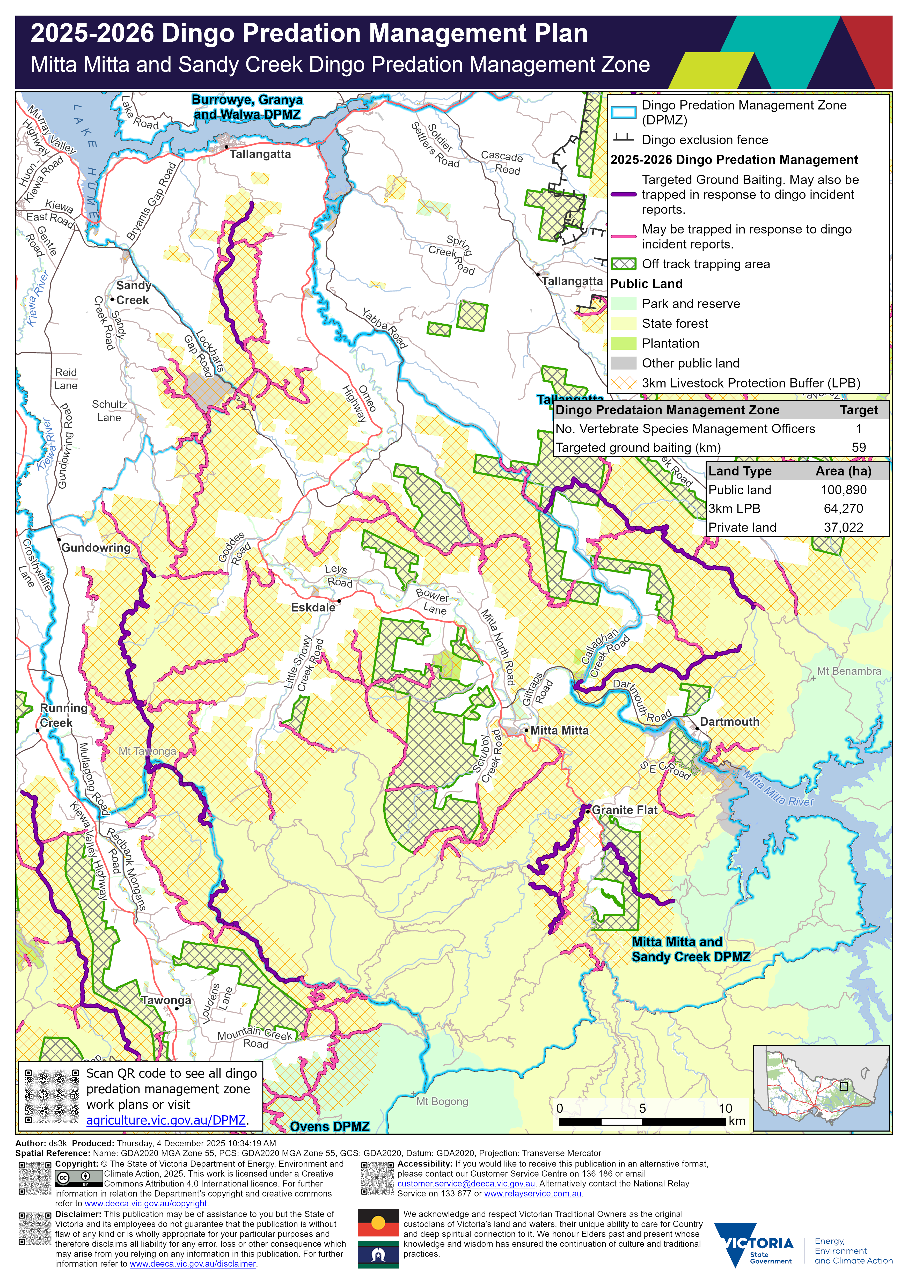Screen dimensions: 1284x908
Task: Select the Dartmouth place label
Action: click(x=729, y=722)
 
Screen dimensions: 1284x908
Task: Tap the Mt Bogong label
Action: click(x=442, y=1102)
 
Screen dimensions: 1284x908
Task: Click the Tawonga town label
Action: click(x=166, y=1001)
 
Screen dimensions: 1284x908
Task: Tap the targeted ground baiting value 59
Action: click(x=858, y=447)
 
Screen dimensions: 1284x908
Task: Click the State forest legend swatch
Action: click(x=624, y=323)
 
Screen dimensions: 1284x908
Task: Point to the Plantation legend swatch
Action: click(x=624, y=343)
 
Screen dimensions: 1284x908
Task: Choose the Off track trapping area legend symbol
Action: click(x=624, y=264)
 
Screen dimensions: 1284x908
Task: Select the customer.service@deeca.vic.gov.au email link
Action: click(x=466, y=1184)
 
